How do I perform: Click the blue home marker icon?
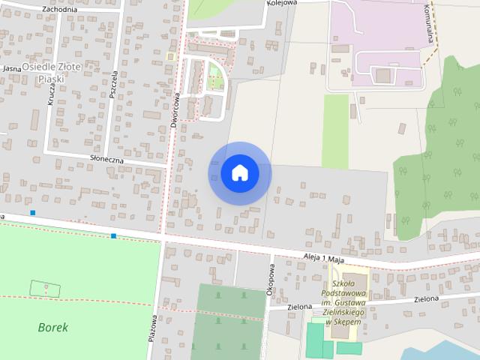point(239,172)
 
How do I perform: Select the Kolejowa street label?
point(282,3)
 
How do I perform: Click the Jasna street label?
point(11,68)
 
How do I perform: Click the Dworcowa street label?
point(175,109)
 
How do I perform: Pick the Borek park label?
point(52,327)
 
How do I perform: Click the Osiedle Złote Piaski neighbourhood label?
point(51,73)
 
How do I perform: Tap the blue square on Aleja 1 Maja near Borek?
point(113,236)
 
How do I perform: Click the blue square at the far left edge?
point(32,213)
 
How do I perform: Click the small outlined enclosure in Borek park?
point(44,287)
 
